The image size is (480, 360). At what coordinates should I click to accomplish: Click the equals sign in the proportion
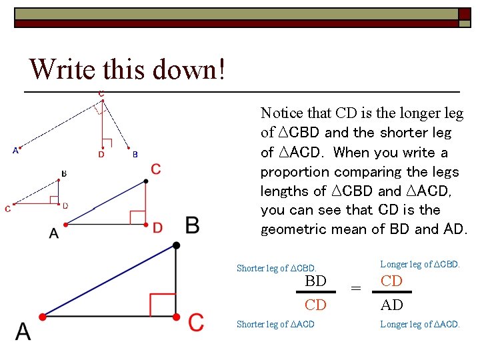(x=356, y=289)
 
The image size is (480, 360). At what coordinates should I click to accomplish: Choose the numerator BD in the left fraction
(x=315, y=281)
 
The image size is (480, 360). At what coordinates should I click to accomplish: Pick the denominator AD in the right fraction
(x=391, y=305)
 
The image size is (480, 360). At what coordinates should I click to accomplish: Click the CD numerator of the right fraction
(x=391, y=281)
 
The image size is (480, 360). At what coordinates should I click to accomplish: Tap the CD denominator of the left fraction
(x=315, y=305)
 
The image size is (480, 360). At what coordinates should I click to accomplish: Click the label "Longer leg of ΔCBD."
(x=420, y=264)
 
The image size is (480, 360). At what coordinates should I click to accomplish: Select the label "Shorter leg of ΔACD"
(x=275, y=325)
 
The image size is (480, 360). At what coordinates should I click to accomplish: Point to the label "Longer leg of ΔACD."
(x=420, y=325)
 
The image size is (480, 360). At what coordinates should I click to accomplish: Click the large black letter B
(x=192, y=225)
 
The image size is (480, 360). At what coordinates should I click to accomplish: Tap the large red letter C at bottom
(x=195, y=323)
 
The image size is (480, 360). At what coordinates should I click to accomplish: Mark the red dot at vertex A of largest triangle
(x=42, y=316)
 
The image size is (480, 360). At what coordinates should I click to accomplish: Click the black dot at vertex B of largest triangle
(x=176, y=246)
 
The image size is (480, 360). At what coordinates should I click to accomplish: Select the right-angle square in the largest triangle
(x=163, y=304)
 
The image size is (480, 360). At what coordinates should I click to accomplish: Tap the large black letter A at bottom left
(x=23, y=331)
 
